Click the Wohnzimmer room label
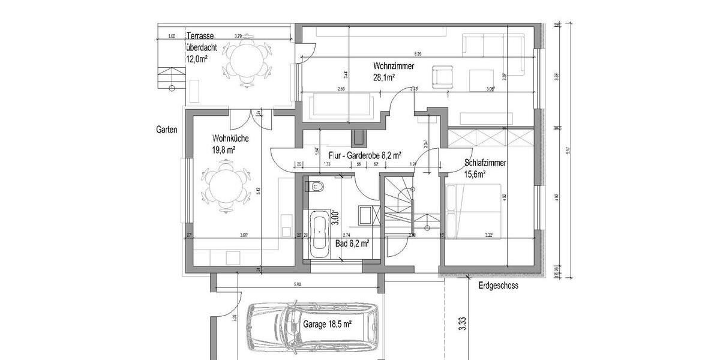coord(393,66)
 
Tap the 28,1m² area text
coord(384,77)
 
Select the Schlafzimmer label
coord(485,163)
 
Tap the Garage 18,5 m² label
coord(327,323)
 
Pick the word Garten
coord(167,129)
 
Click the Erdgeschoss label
coord(498,286)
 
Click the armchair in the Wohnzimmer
coord(444,77)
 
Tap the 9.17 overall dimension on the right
coord(569,152)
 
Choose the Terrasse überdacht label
coord(200,47)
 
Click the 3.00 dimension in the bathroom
coord(336,214)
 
